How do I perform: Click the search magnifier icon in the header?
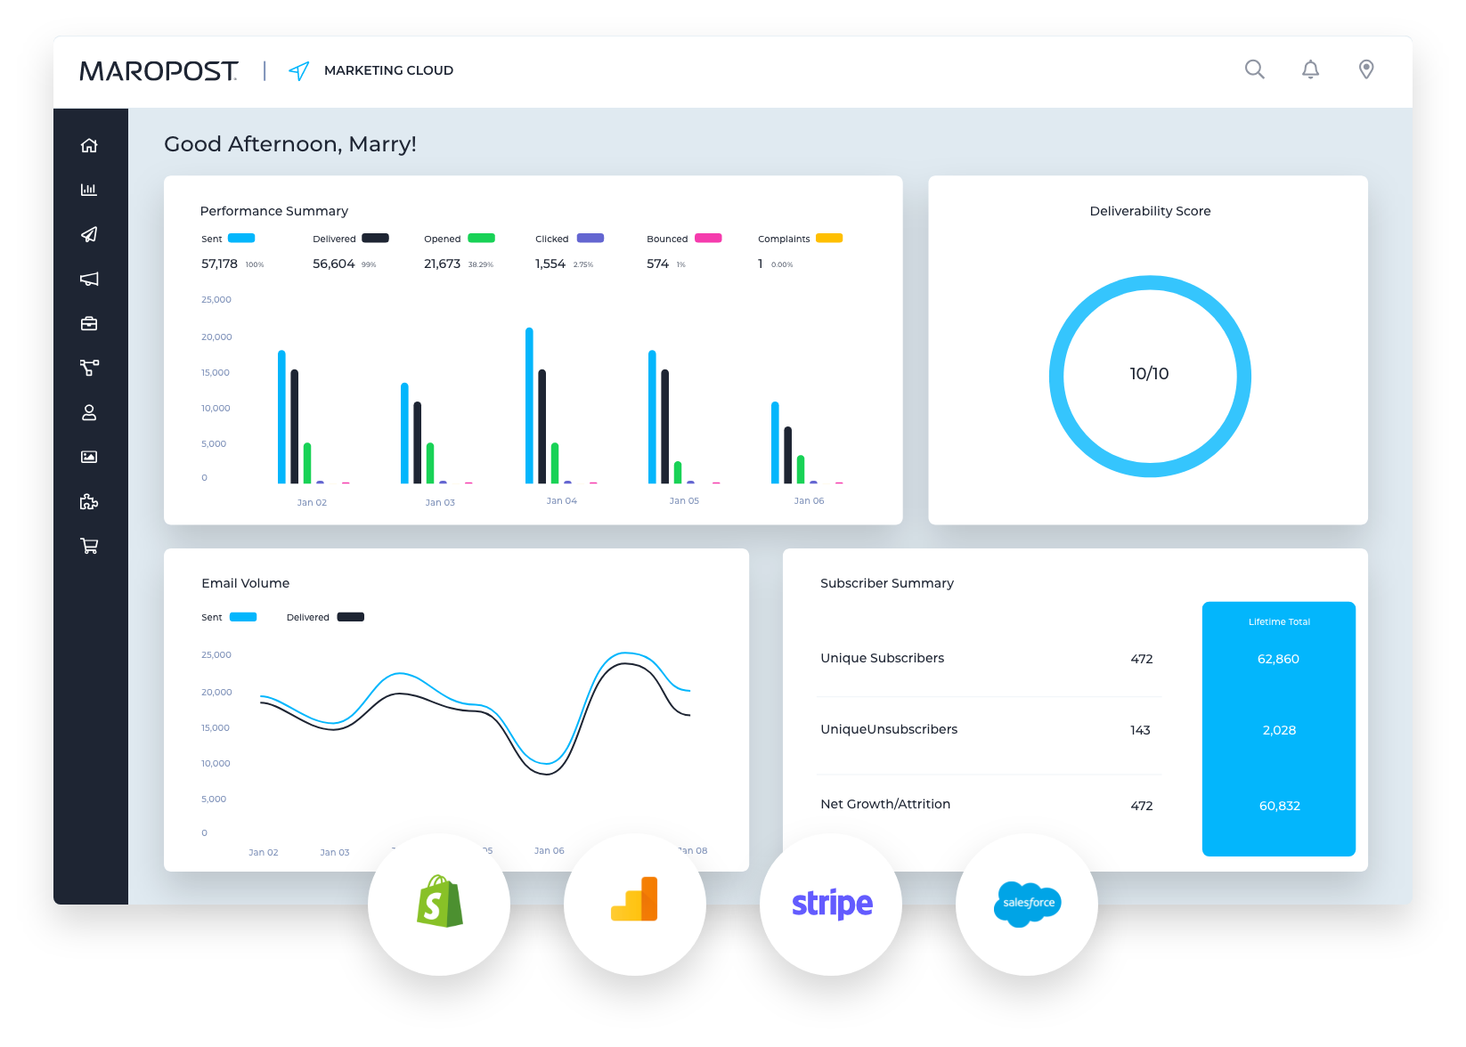pyautogui.click(x=1254, y=69)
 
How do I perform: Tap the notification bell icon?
pyautogui.click(x=1310, y=69)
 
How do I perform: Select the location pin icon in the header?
pyautogui.click(x=1366, y=69)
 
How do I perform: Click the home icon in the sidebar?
pyautogui.click(x=89, y=145)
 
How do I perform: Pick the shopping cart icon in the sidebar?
pyautogui.click(x=89, y=546)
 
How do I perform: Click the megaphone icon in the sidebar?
pyautogui.click(x=89, y=279)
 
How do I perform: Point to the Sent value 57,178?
pyautogui.click(x=219, y=264)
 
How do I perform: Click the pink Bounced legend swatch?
pyautogui.click(x=708, y=238)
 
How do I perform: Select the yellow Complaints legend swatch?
pyautogui.click(x=829, y=238)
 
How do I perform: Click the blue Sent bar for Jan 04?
pyautogui.click(x=529, y=405)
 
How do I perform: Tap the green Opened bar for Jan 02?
pyautogui.click(x=307, y=463)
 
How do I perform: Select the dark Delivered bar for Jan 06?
pyautogui.click(x=787, y=455)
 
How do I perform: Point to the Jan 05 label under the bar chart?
pyautogui.click(x=684, y=501)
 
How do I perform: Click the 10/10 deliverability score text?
pyautogui.click(x=1149, y=374)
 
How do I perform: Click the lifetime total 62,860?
pyautogui.click(x=1278, y=659)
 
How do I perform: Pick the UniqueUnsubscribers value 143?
pyautogui.click(x=1140, y=730)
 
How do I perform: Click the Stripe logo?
pyautogui.click(x=832, y=904)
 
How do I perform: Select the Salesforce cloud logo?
pyautogui.click(x=1028, y=904)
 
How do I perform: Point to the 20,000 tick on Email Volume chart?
pyautogui.click(x=216, y=692)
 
